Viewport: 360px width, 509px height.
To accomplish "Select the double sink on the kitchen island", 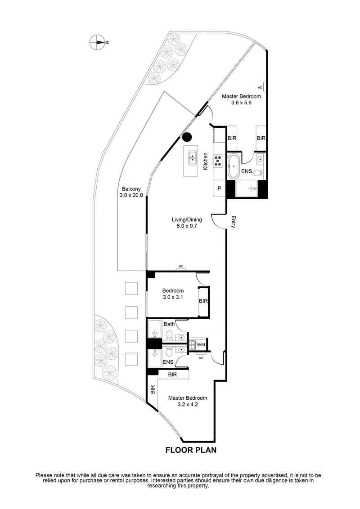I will coord(193,158).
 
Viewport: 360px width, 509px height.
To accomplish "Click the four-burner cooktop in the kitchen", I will coord(218,161).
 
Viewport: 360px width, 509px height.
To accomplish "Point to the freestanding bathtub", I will coord(234,166).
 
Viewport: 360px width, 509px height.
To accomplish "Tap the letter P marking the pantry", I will coord(219,188).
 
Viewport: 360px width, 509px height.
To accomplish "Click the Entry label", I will coord(233,223).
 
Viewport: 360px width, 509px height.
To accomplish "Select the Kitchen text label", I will coord(205,161).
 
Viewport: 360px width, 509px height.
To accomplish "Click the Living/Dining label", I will coord(187,220).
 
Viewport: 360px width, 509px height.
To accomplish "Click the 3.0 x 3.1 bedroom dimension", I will coord(173,297).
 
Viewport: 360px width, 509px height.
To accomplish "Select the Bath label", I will coord(169,324).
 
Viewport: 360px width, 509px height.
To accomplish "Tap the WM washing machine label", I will coord(202,345).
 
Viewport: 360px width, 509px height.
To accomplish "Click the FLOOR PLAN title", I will coord(191,450).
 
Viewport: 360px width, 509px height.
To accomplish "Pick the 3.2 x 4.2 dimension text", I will coord(188,404).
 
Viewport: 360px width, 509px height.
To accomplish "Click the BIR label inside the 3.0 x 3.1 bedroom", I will coord(203,301).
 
